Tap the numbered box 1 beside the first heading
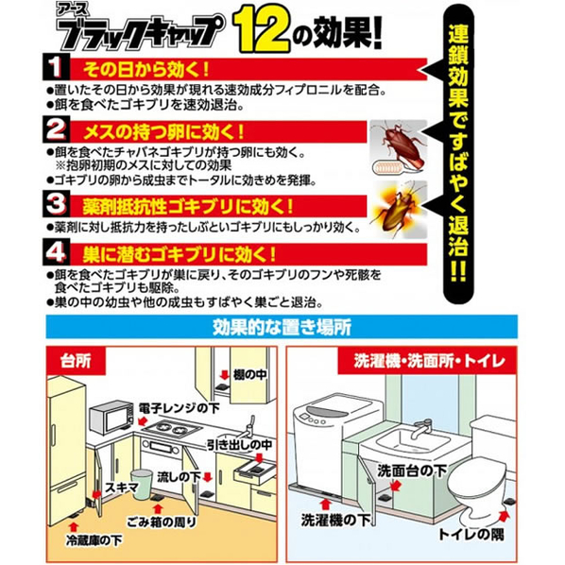pos(56,67)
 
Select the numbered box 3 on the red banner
pos(57,204)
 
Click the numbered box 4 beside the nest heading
pos(56,253)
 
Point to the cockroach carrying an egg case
pos(398,147)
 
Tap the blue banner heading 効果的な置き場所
pos(282,327)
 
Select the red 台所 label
pos(76,361)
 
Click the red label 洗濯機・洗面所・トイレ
pos(429,361)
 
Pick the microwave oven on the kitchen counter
pos(111,417)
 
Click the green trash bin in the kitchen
pos(141,485)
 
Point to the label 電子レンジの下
pos(180,408)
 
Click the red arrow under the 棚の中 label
pos(224,375)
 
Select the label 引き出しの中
pos(239,445)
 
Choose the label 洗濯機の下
pos(335,520)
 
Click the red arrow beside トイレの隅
pos(504,517)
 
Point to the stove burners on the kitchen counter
pos(172,428)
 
